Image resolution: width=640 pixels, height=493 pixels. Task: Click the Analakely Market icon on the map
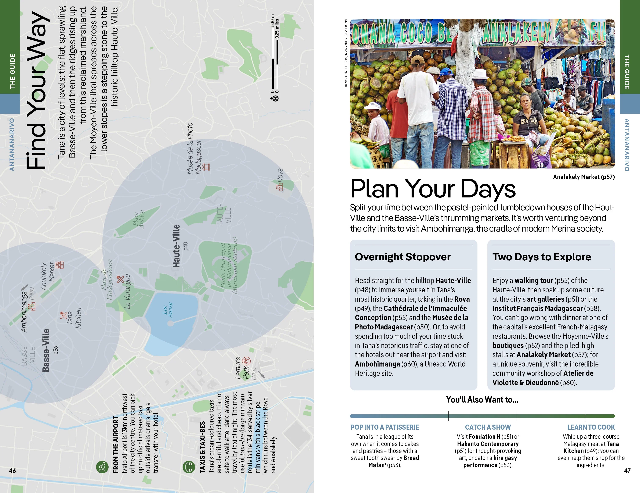[60, 265]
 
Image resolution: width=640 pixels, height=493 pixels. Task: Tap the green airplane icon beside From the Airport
[102, 466]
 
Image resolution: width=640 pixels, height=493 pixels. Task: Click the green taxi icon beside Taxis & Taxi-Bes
[188, 466]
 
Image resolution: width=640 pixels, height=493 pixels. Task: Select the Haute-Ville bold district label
[176, 246]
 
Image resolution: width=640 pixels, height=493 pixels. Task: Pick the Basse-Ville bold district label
[46, 350]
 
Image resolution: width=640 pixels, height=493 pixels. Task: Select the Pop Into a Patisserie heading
[385, 427]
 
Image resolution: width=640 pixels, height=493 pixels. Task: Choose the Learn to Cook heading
[591, 427]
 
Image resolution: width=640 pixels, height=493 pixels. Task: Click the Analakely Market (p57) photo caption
[584, 177]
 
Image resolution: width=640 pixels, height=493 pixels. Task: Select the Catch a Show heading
[488, 427]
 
